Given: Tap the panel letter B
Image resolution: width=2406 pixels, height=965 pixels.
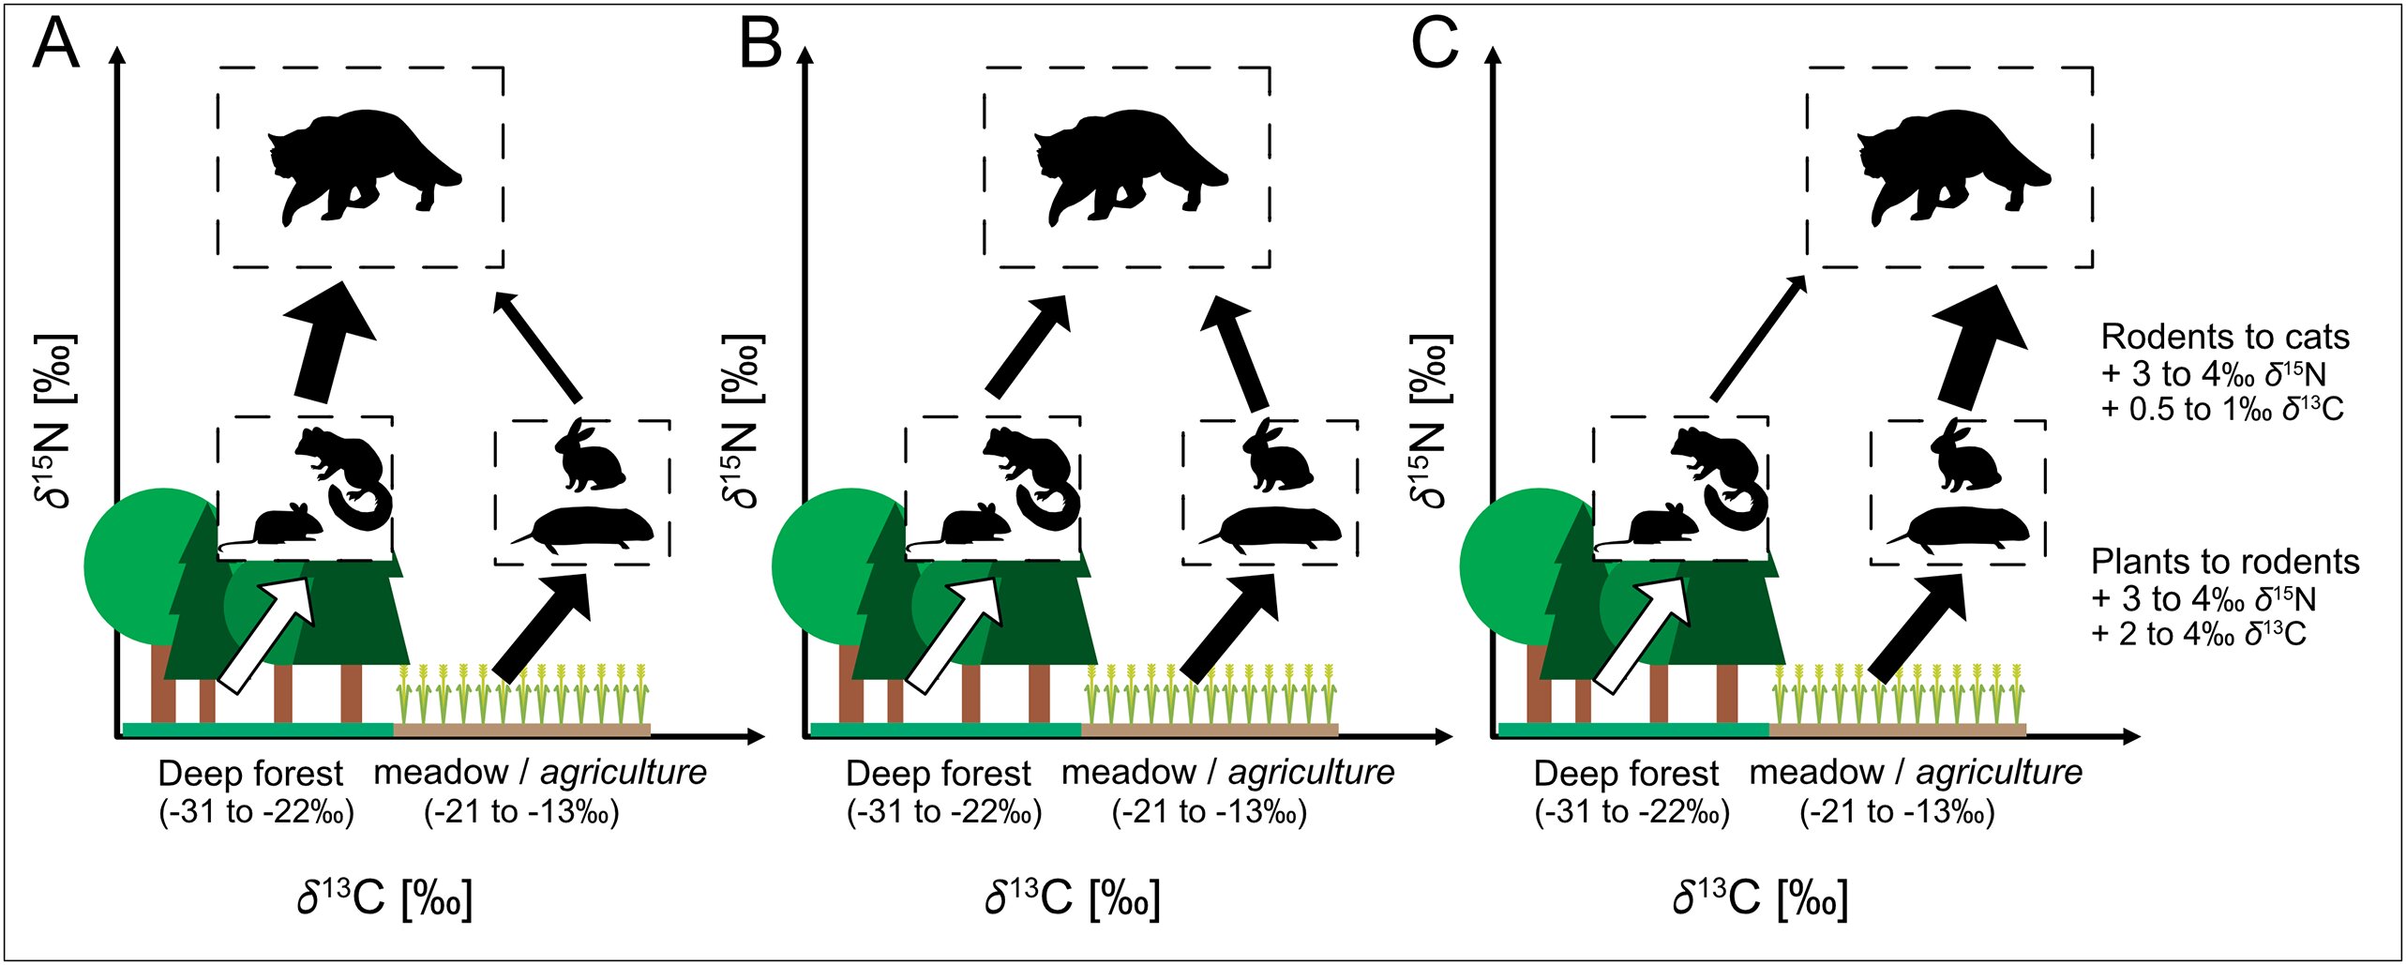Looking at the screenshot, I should click(759, 44).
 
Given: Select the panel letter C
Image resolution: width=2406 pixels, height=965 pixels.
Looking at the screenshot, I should click(1435, 44).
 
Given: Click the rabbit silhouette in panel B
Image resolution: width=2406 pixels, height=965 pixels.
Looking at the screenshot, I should click(1276, 458).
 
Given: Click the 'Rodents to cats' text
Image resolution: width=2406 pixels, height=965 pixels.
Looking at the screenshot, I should click(2224, 338).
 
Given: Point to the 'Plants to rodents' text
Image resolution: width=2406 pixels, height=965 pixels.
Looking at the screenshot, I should click(2224, 562).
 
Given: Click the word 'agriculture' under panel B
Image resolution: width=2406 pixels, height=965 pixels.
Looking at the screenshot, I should click(1310, 773).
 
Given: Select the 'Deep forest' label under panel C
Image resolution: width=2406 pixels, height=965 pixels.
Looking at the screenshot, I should click(1626, 774).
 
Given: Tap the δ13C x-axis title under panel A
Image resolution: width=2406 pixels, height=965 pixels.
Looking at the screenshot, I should click(384, 897).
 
